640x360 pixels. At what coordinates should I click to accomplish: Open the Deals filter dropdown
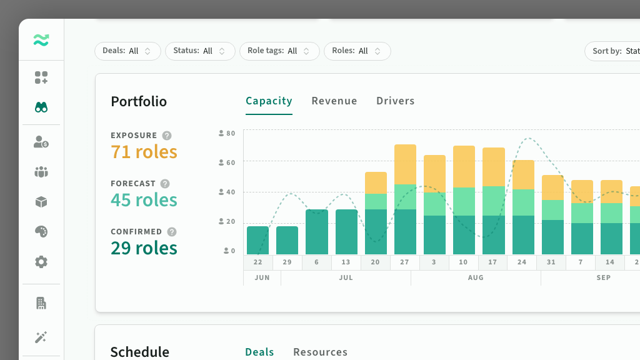127,51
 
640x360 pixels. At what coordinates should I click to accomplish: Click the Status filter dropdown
200,51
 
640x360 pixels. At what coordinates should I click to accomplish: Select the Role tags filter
279,51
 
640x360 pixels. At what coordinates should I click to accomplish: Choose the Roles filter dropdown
357,51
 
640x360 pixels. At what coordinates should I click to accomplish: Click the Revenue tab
334,101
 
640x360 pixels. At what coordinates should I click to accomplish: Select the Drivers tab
396,101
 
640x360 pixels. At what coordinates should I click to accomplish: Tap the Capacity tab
269,101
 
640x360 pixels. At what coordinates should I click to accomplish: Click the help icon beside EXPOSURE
166,136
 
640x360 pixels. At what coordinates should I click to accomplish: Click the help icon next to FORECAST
165,184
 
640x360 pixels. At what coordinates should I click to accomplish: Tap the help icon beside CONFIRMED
172,232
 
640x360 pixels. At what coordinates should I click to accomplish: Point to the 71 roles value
144,152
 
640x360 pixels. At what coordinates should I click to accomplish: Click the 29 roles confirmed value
144,248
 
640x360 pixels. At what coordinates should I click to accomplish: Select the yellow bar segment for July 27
405,164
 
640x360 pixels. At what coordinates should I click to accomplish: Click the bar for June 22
258,241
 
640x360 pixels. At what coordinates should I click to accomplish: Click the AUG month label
476,277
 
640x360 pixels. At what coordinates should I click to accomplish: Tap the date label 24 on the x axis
522,262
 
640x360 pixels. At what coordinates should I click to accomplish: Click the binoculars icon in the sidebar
41,107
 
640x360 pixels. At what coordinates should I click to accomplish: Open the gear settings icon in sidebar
41,262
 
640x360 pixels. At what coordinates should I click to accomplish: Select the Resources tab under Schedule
321,352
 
